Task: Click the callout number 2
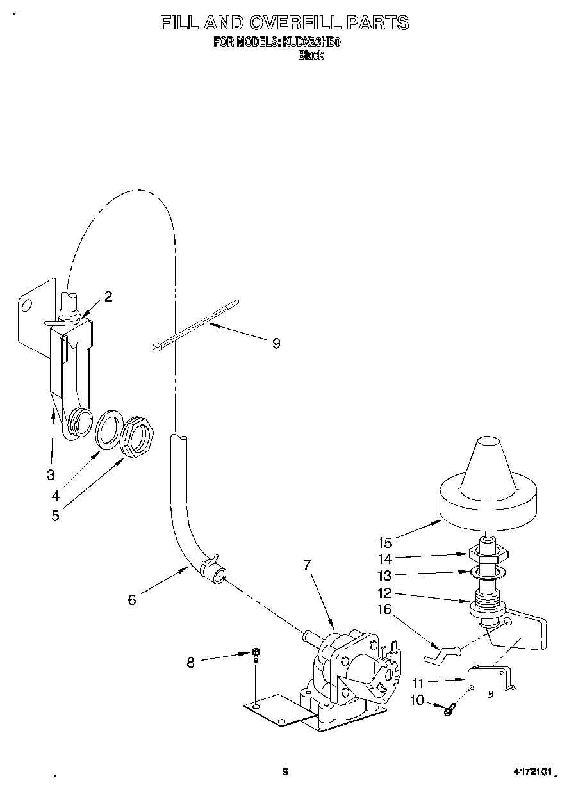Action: [108, 296]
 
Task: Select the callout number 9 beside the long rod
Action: [276, 344]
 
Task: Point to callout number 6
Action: [132, 600]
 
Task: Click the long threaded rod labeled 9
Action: [196, 324]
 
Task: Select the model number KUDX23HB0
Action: [311, 43]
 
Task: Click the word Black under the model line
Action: [311, 56]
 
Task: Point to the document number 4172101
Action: [532, 772]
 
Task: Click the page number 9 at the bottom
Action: [285, 771]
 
